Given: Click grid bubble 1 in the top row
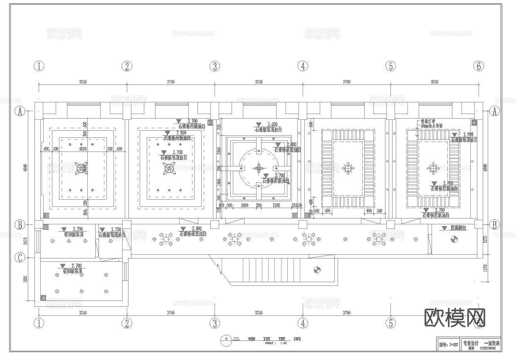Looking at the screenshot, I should tap(39, 66).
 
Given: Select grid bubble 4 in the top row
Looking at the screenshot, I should tap(303, 66).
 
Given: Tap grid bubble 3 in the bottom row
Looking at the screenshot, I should tap(215, 323).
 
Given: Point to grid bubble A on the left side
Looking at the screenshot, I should tap(19, 111).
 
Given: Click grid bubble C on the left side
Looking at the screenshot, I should tap(19, 258).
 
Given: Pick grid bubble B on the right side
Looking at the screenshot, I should tap(494, 225).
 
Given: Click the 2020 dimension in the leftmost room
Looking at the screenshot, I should tap(82, 149).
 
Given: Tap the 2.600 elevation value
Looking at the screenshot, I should tap(272, 124).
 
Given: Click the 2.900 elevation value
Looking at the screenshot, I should tap(467, 134).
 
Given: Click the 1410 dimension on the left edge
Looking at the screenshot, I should tap(25, 241).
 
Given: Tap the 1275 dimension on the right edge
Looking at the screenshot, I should tap(485, 240).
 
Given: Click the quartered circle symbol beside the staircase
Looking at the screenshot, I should tap(317, 270).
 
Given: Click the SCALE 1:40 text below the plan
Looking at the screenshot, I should tap(276, 343).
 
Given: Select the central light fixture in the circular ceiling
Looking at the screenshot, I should tap(259, 168).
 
